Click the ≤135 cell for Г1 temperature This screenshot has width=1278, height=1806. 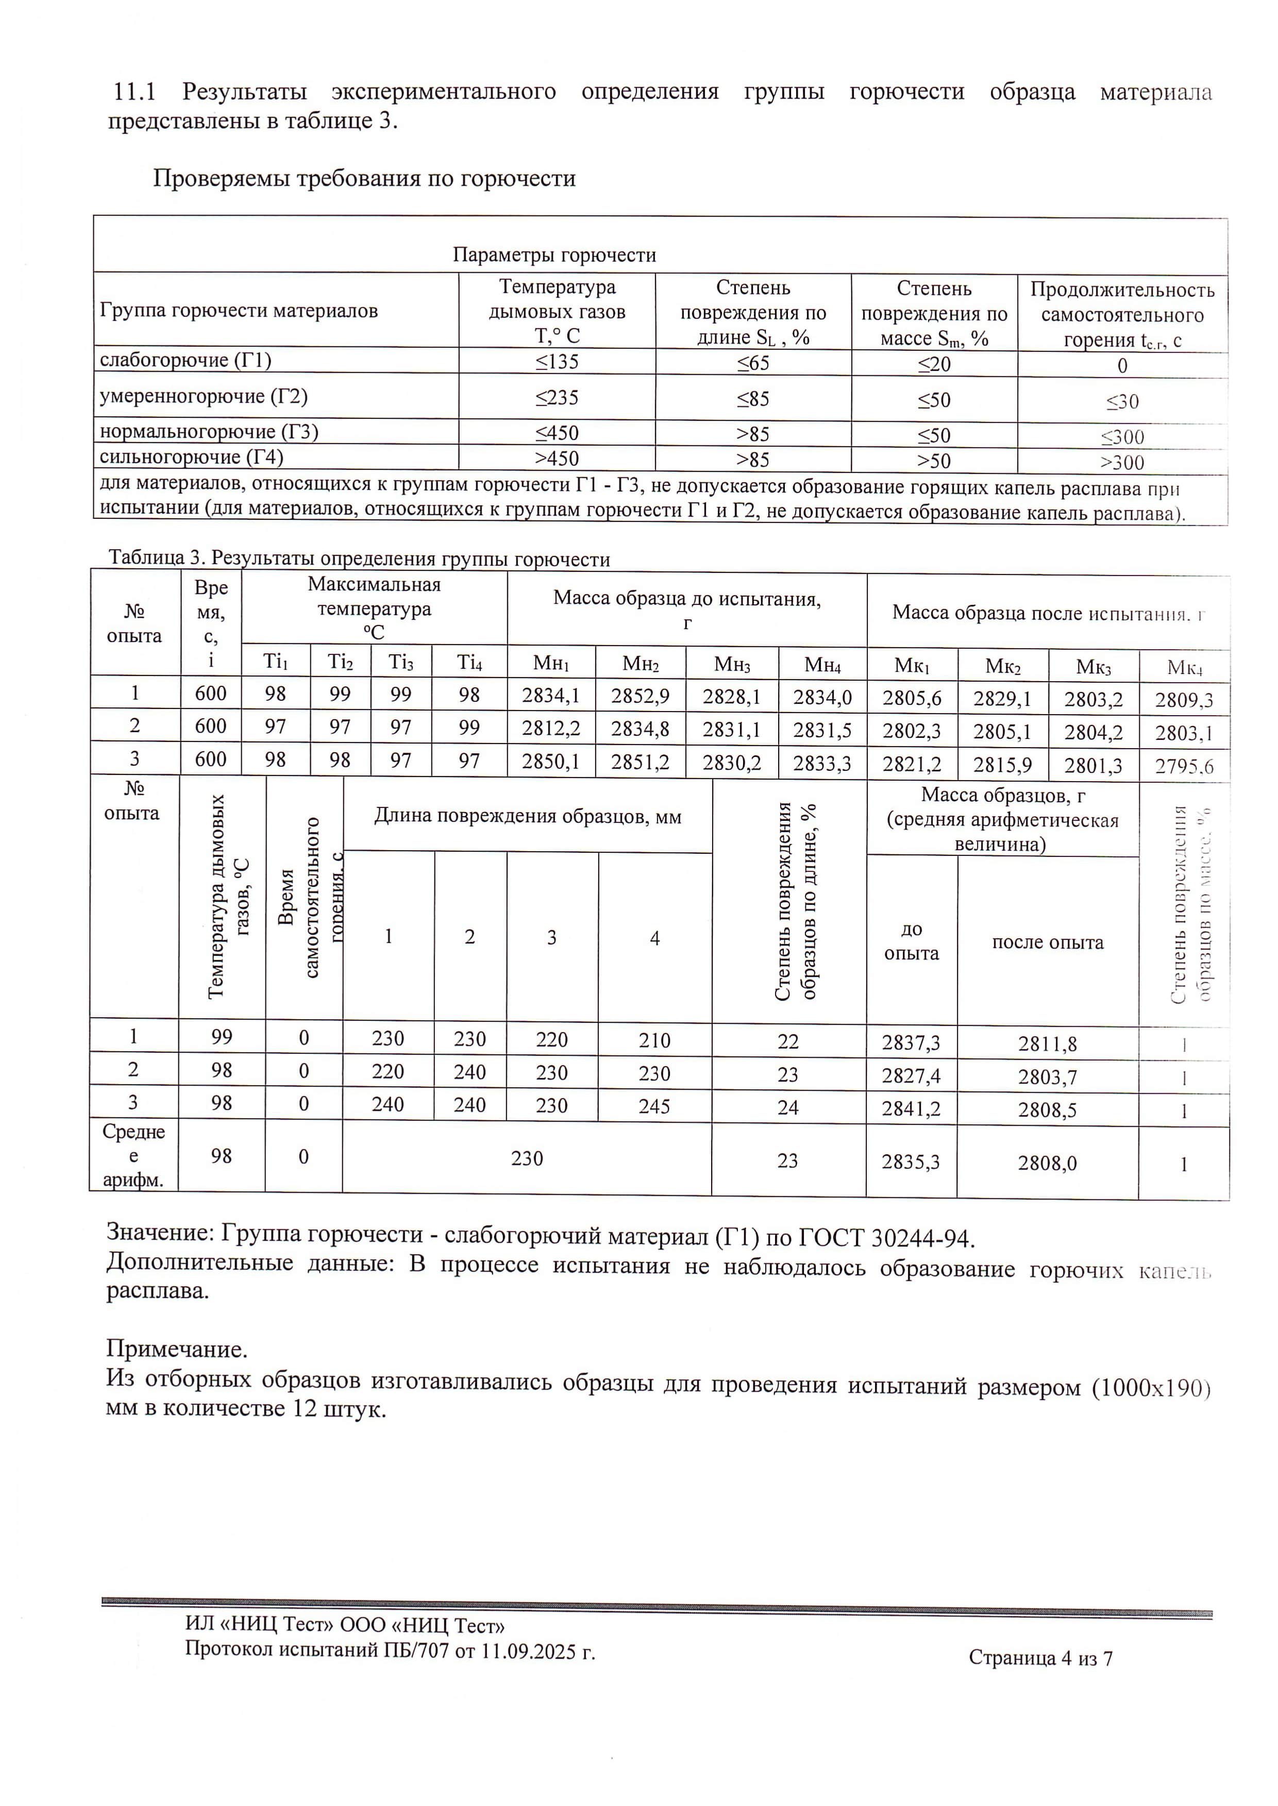coord(557,362)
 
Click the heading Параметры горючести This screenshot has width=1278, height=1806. coord(554,255)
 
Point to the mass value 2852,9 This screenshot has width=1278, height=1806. coord(640,695)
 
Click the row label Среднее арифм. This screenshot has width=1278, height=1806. coord(134,1156)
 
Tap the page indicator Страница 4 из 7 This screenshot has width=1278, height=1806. coord(1040,1659)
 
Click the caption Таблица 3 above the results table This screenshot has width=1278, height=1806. coord(156,559)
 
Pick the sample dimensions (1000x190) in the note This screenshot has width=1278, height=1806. coord(1151,1388)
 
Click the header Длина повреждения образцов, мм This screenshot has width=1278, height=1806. coord(527,817)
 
